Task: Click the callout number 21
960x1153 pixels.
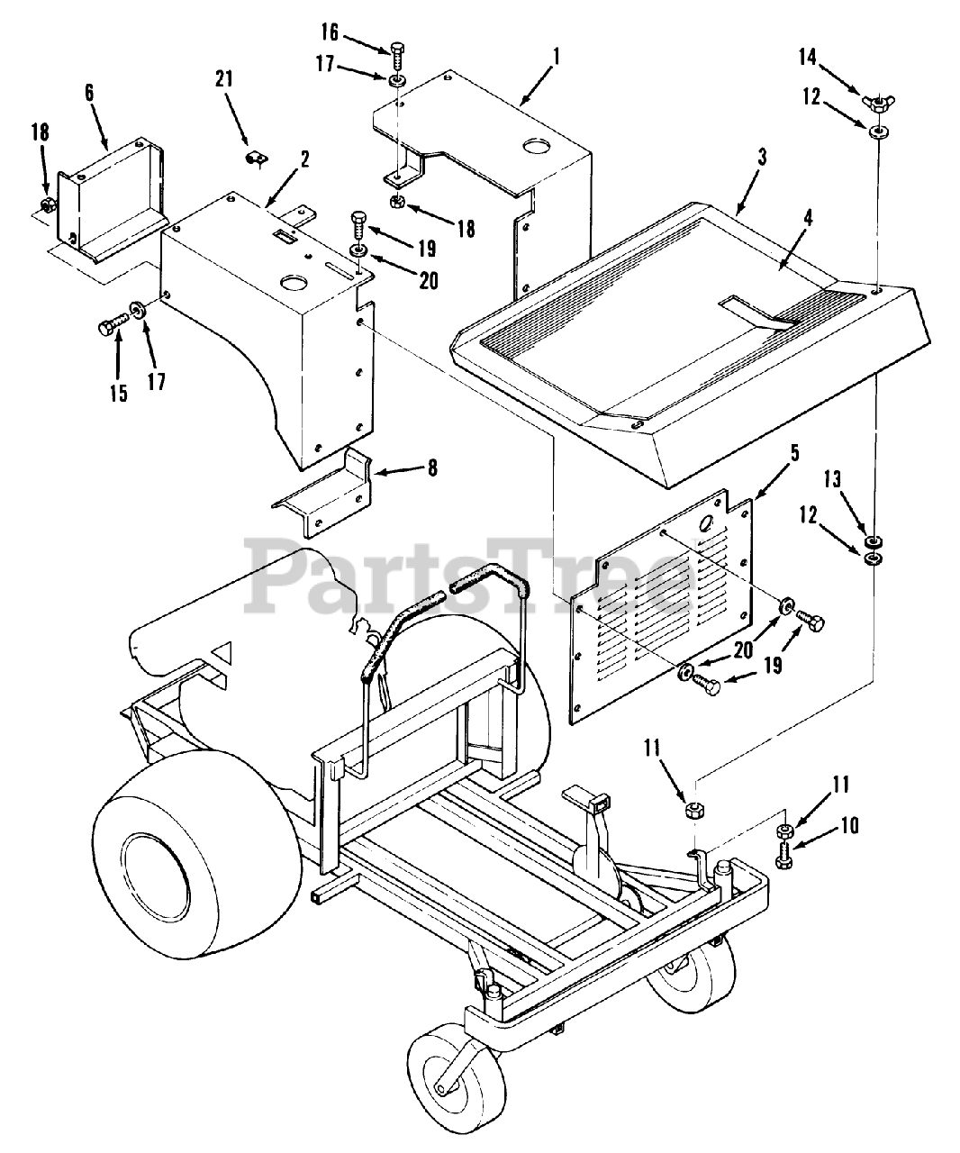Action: click(x=223, y=79)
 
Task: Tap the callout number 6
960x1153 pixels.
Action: click(x=90, y=93)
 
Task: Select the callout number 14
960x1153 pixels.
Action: click(x=808, y=57)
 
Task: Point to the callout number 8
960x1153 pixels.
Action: click(x=432, y=468)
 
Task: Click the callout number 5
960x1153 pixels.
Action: click(x=794, y=454)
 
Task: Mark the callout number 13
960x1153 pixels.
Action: click(x=832, y=479)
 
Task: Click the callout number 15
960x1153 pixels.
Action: click(x=119, y=394)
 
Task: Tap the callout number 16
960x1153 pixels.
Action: click(x=330, y=33)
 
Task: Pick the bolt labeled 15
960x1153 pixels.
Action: click(x=112, y=323)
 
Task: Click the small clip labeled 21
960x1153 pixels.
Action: click(x=255, y=159)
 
